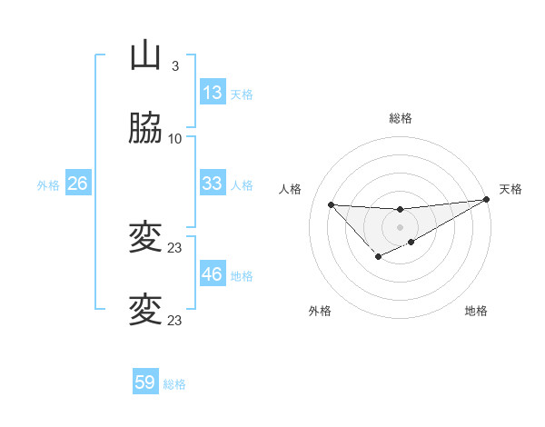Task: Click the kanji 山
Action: pyautogui.click(x=145, y=55)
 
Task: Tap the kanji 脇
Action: pyautogui.click(x=145, y=129)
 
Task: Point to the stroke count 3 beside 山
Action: pyautogui.click(x=174, y=66)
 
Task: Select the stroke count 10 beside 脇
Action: pyautogui.click(x=175, y=139)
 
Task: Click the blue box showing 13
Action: pyautogui.click(x=213, y=93)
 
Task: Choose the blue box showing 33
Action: pyautogui.click(x=213, y=184)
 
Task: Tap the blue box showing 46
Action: pyautogui.click(x=213, y=274)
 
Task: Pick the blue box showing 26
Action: pyautogui.click(x=77, y=184)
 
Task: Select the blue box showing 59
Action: pyautogui.click(x=145, y=382)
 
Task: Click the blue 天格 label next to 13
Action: pyautogui.click(x=242, y=94)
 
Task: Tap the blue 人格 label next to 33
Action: pyautogui.click(x=242, y=185)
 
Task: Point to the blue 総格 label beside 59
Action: pyautogui.click(x=174, y=384)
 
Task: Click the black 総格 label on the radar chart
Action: pyautogui.click(x=400, y=118)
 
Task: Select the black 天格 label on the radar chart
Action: pyautogui.click(x=510, y=189)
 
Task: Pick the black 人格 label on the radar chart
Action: pyautogui.click(x=290, y=189)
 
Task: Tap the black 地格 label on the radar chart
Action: pyautogui.click(x=476, y=311)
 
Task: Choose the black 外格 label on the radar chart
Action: pyautogui.click(x=320, y=311)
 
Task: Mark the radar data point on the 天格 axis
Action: pyautogui.click(x=487, y=200)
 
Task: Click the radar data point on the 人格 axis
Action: pyautogui.click(x=331, y=204)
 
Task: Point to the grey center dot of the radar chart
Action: pyautogui.click(x=400, y=226)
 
